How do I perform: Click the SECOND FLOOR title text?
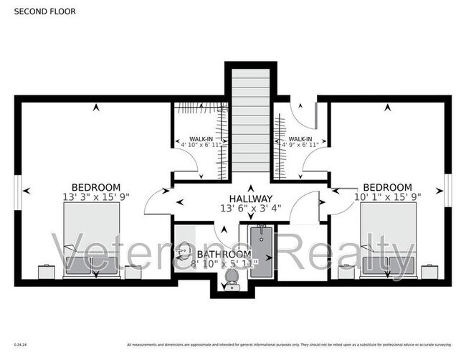(44, 11)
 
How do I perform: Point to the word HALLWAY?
(250, 199)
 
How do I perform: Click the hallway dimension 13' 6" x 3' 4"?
(250, 209)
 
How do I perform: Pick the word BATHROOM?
(224, 254)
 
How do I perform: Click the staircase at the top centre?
(250, 122)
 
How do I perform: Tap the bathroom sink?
(184, 252)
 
